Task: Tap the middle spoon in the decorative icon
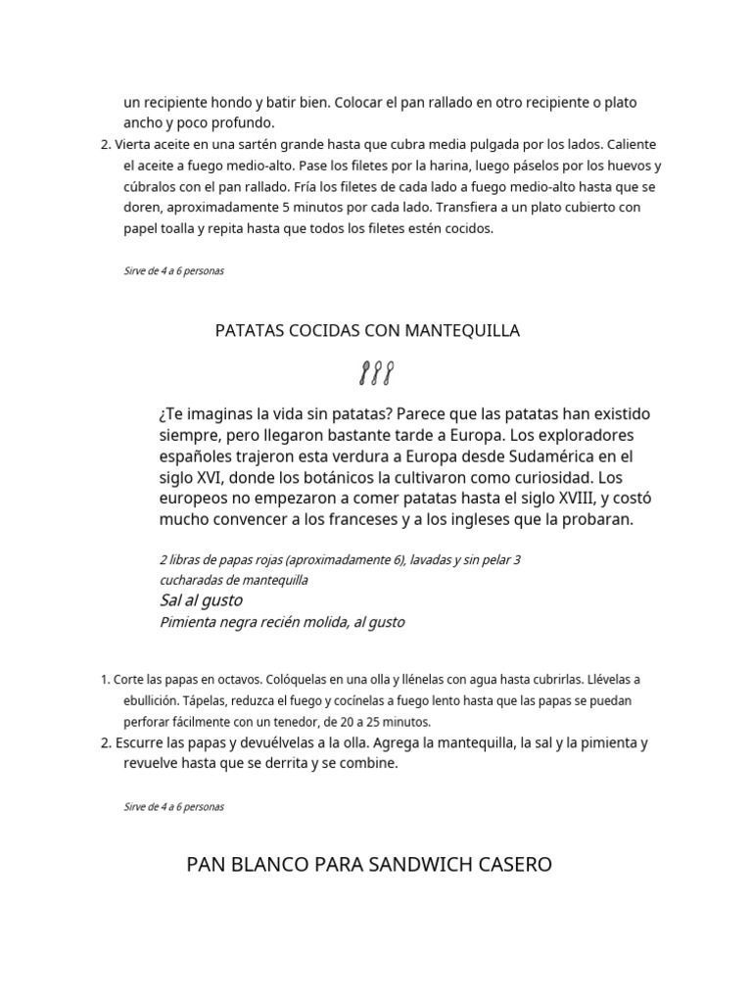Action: [x=377, y=373]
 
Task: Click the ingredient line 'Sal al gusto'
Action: [x=201, y=599]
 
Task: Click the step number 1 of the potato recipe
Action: [x=105, y=679]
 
